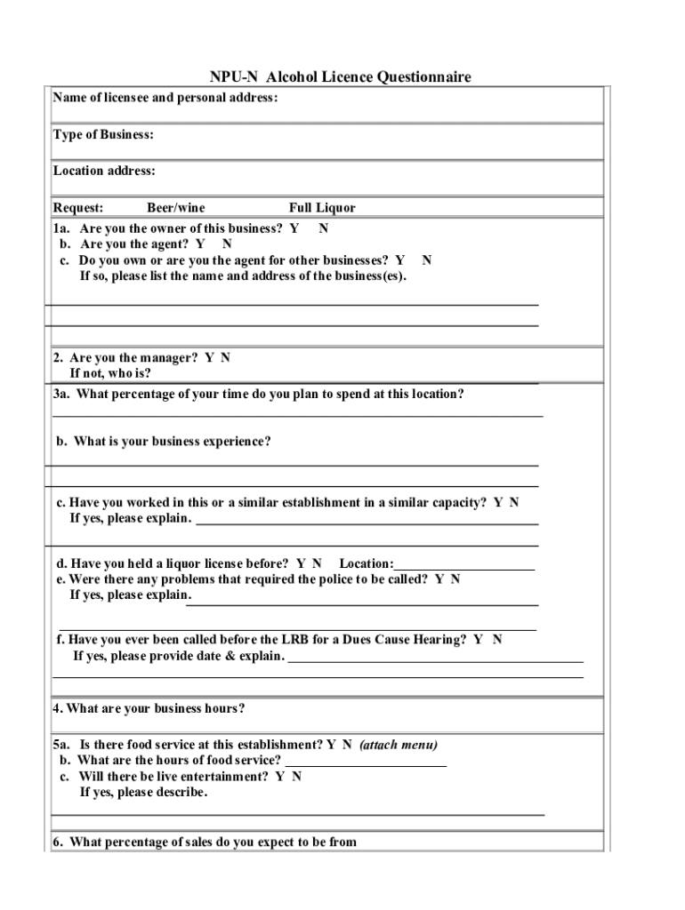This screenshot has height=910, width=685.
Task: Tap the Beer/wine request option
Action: [x=175, y=208]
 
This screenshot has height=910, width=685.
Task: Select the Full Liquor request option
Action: [x=321, y=208]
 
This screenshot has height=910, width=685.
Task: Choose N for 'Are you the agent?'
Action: [x=228, y=243]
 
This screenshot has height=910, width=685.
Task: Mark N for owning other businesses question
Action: [x=427, y=260]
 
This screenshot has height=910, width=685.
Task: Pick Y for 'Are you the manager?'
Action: [x=209, y=358]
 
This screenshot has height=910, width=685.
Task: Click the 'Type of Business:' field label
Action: [x=103, y=135]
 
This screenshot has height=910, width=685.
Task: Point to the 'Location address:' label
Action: [x=104, y=171]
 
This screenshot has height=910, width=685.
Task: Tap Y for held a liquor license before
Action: [x=302, y=563]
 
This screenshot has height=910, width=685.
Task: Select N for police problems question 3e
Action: [x=455, y=579]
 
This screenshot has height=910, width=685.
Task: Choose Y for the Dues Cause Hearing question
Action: [x=478, y=640]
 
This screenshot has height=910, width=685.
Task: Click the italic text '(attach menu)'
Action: [x=399, y=745]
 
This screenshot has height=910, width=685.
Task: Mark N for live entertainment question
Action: [x=296, y=777]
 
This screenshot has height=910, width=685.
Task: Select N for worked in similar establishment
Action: [x=514, y=503]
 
